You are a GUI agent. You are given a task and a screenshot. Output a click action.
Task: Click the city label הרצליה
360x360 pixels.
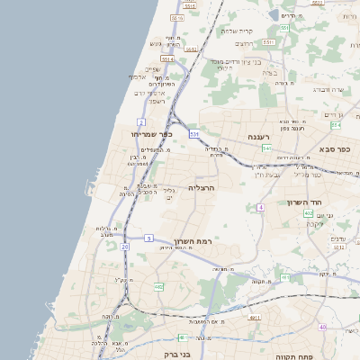point(199,187)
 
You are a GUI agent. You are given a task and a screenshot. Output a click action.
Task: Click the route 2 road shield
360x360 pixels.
point(141,121)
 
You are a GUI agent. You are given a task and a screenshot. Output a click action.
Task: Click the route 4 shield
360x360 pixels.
point(260,207)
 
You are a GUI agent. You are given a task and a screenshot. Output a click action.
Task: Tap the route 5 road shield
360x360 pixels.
point(148,238)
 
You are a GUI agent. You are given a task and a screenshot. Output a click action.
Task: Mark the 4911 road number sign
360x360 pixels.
point(256,318)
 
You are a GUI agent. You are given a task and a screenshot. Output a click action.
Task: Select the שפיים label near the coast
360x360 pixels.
point(152,69)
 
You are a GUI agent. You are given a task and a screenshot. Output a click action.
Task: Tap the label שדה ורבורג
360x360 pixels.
point(328,89)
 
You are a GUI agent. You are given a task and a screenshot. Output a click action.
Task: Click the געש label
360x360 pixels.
point(156,43)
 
